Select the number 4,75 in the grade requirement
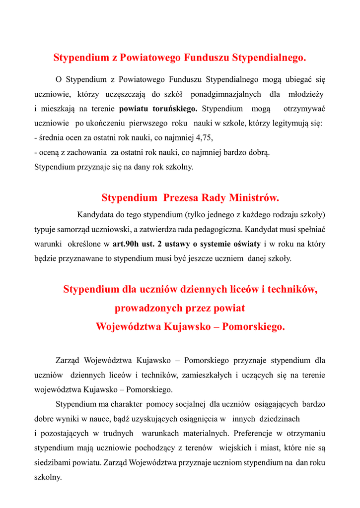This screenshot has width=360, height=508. tap(204, 138)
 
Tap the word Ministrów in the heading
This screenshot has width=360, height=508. tap(253, 198)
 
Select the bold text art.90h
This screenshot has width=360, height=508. tap(127, 244)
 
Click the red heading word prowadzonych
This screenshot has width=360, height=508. tap(148, 309)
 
